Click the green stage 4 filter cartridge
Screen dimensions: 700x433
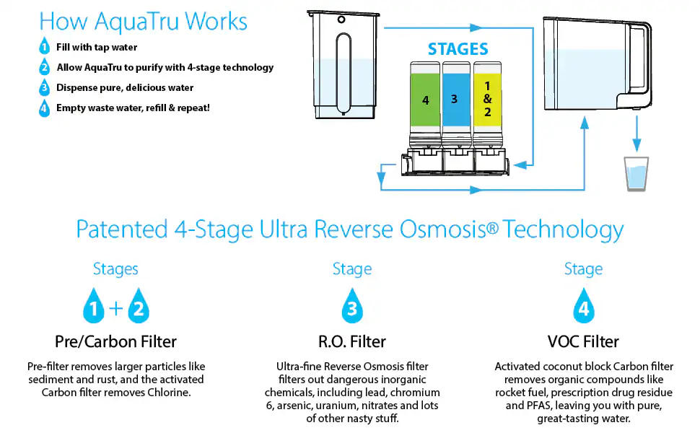click(426, 104)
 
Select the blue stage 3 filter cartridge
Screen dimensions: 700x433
click(456, 104)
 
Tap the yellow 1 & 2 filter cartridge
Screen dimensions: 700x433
click(487, 104)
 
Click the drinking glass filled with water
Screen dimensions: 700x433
click(636, 174)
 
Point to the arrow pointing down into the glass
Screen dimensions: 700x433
click(636, 134)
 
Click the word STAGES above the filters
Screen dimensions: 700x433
click(458, 49)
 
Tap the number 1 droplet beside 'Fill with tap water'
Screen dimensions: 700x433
click(44, 46)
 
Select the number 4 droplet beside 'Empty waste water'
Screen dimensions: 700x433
click(44, 108)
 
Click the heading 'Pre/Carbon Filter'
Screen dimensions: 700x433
click(115, 341)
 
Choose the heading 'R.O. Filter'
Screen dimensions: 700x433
click(351, 341)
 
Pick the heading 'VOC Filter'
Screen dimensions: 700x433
click(583, 341)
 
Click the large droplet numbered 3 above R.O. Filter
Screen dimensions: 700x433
click(352, 305)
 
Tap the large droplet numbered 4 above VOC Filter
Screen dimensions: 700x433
click(584, 305)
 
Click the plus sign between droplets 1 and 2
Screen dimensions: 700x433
click(116, 308)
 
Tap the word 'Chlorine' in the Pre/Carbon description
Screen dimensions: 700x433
click(168, 393)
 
